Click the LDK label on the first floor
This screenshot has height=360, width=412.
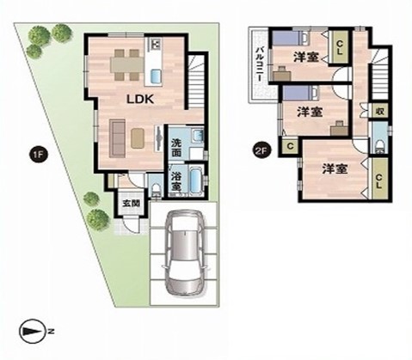[140, 99]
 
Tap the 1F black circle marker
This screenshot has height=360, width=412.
[38, 155]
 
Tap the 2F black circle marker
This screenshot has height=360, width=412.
[261, 150]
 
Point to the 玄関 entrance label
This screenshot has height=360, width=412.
[132, 204]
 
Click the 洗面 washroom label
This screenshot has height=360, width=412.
[176, 148]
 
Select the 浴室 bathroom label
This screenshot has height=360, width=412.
[176, 181]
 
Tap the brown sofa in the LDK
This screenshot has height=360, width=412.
[117, 138]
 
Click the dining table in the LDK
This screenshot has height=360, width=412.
[127, 65]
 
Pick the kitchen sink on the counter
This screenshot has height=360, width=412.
[155, 76]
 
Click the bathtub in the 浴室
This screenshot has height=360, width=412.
[196, 180]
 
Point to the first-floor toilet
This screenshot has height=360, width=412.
[157, 190]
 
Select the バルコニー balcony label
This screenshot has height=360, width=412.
[259, 64]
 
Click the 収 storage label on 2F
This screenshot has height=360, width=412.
[380, 111]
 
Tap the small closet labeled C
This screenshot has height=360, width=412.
[290, 147]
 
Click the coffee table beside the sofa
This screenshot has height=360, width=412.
[138, 138]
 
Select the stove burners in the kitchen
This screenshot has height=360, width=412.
[155, 44]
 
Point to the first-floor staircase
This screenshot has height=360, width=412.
[197, 80]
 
